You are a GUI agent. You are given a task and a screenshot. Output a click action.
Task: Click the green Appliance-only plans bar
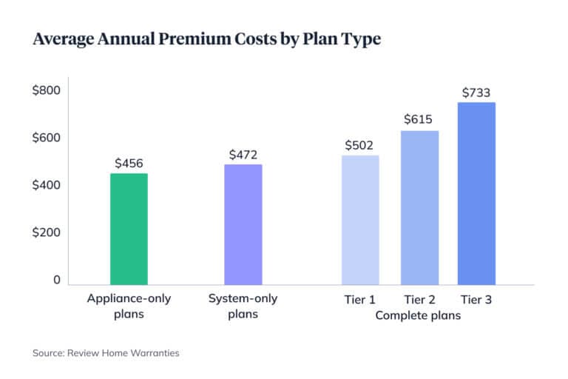(x=129, y=229)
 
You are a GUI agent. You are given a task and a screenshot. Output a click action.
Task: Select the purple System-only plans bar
(x=243, y=224)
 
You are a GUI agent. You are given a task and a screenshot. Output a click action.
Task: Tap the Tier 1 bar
(x=360, y=220)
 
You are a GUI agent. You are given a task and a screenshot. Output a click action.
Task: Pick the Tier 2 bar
(x=419, y=207)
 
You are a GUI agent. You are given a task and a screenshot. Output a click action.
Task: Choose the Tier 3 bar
(x=476, y=193)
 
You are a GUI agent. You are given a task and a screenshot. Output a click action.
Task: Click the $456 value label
(x=129, y=163)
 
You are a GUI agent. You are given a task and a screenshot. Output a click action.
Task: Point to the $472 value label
(x=243, y=154)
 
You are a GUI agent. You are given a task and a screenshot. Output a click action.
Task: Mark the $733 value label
(x=476, y=93)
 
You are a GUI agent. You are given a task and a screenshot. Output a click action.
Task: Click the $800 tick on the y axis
(x=46, y=91)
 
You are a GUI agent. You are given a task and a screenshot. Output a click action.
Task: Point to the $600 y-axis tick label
(x=46, y=138)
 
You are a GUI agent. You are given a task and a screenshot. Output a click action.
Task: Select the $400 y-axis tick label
(x=46, y=185)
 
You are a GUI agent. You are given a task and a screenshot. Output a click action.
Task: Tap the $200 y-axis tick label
(x=46, y=232)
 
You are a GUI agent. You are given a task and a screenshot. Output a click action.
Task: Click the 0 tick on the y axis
(x=55, y=280)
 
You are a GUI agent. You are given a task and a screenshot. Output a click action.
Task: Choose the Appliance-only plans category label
(x=129, y=307)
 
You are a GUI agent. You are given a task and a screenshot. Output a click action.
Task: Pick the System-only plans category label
(x=243, y=307)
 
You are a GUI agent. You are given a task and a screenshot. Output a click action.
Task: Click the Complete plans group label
(x=418, y=316)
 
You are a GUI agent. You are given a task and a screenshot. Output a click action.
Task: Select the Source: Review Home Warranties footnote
(x=106, y=353)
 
